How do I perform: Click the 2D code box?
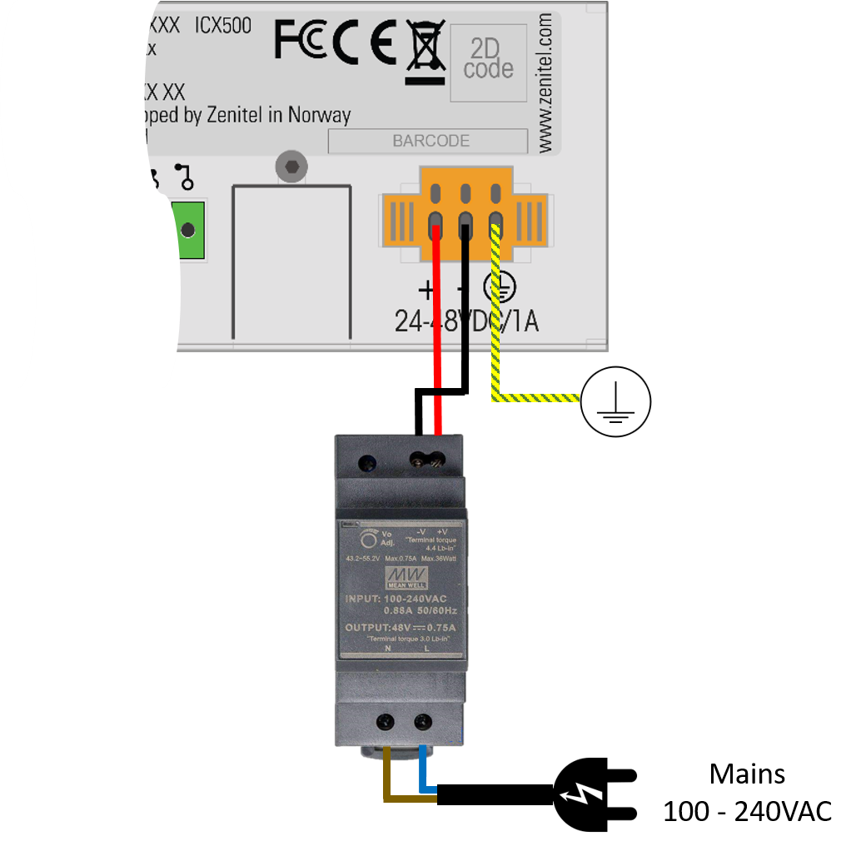pos(489,62)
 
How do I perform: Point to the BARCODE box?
pos(429,141)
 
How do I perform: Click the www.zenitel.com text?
pos(545,81)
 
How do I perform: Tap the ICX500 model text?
pos(223,25)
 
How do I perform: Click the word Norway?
pos(319,115)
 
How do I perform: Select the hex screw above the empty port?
pos(290,167)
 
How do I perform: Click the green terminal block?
pos(187,230)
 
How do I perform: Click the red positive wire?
pos(437,333)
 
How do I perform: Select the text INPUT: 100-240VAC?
pos(396,599)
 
